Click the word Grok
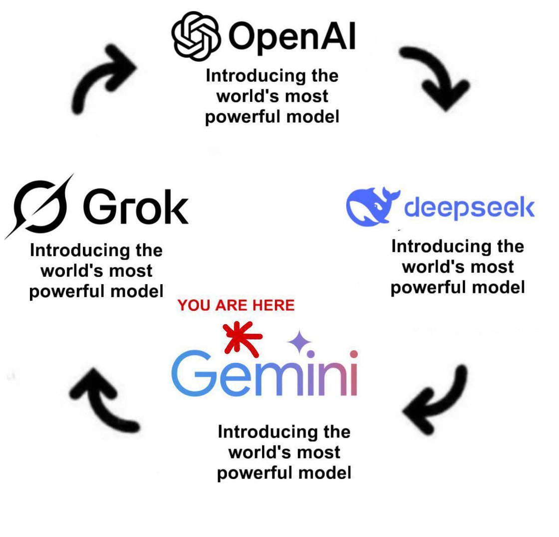pyautogui.click(x=135, y=207)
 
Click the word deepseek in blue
pyautogui.click(x=469, y=208)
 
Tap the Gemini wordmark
pyautogui.click(x=265, y=372)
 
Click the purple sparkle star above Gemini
pyautogui.click(x=300, y=342)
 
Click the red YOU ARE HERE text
pyautogui.click(x=236, y=305)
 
